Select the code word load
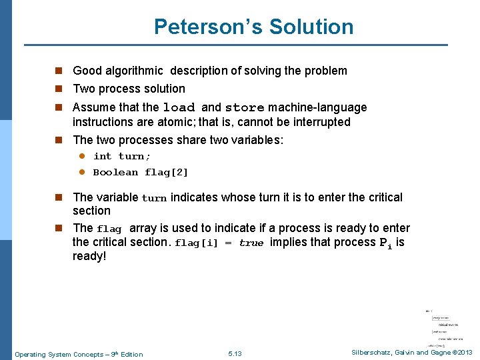[x=179, y=108]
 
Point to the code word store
[x=245, y=108]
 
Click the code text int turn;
[x=122, y=156]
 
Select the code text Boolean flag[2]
[x=141, y=172]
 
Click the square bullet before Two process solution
[x=59, y=89]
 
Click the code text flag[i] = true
[x=219, y=243]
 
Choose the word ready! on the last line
[x=89, y=256]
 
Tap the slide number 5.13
[x=235, y=353]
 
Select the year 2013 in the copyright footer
[x=464, y=352]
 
